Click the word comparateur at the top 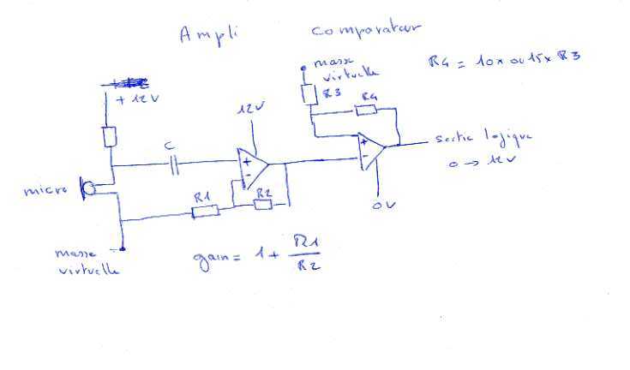365,32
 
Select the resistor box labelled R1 206,210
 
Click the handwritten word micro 45,190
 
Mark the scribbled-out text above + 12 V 128,83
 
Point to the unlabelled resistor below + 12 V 110,135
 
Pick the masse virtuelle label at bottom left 86,261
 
